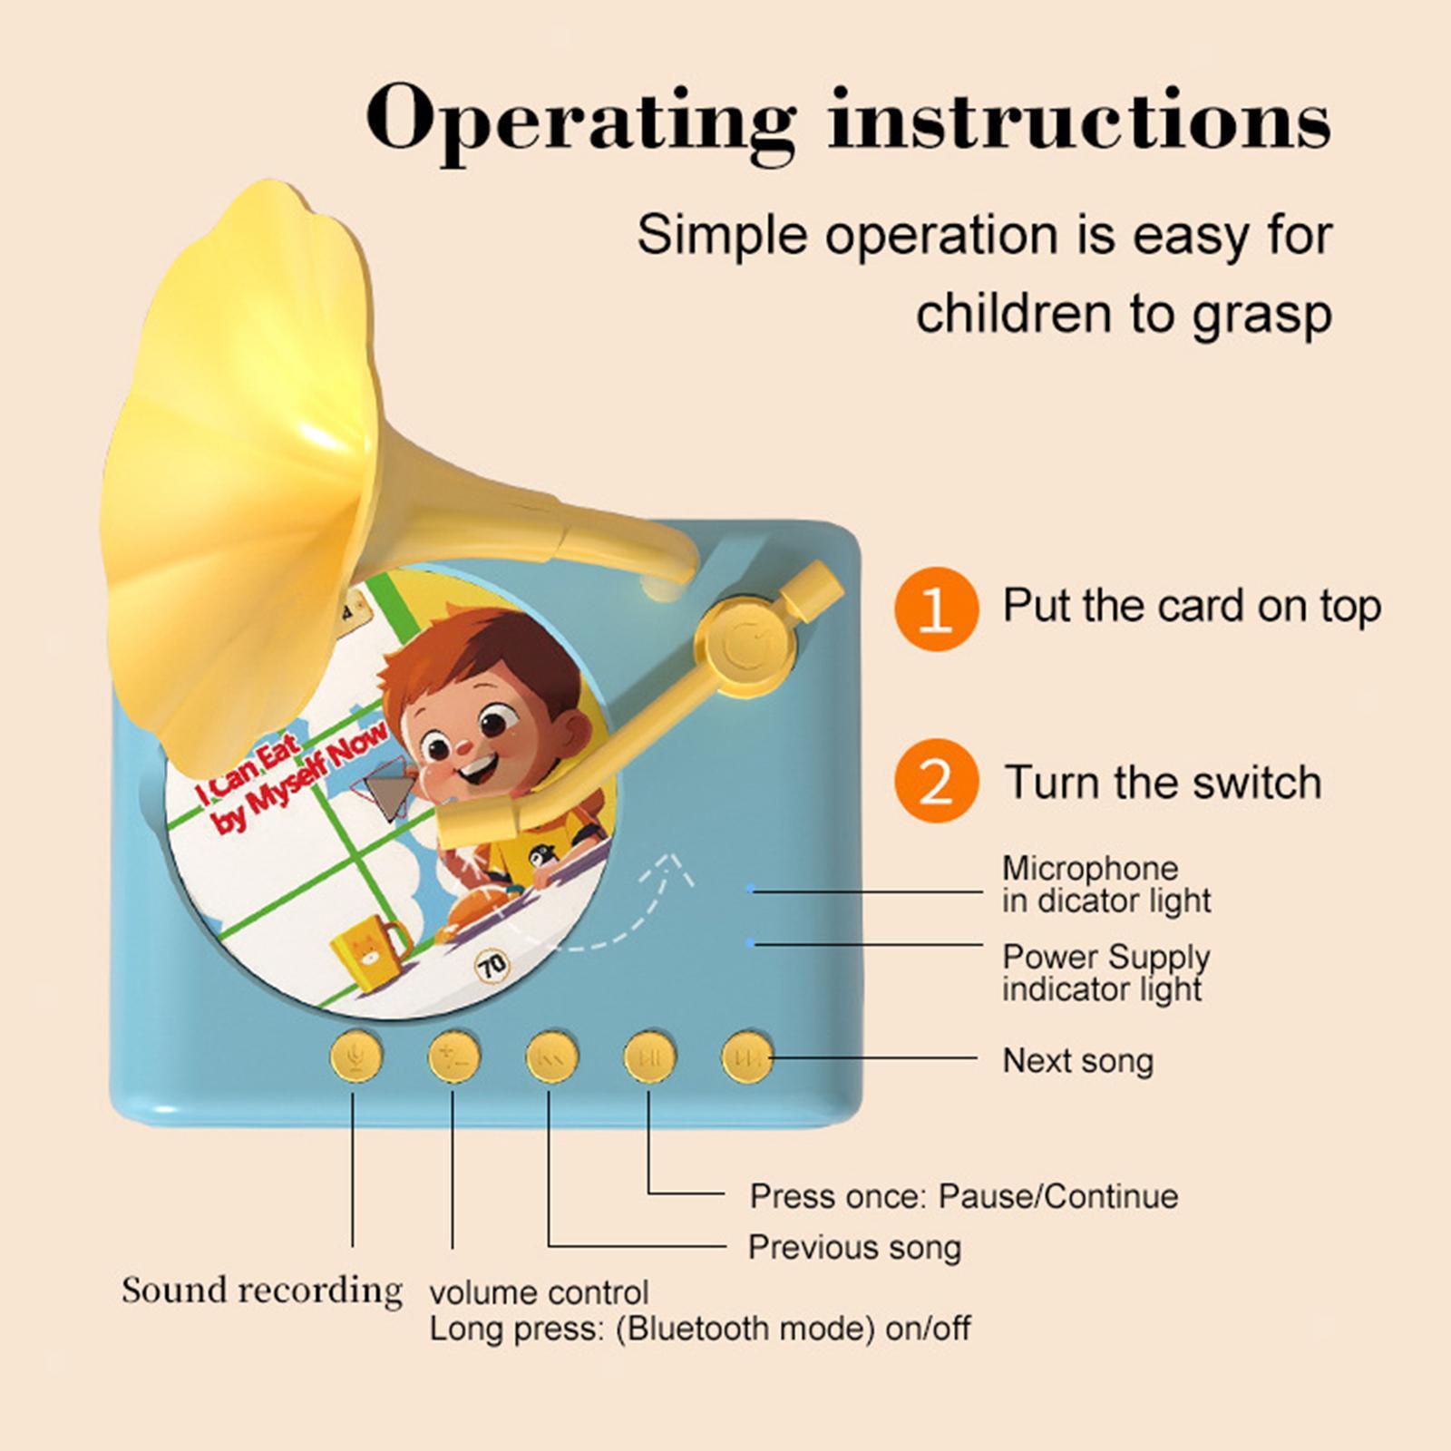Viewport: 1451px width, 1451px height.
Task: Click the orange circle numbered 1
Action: tap(936, 609)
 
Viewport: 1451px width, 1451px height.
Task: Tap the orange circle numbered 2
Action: tap(936, 782)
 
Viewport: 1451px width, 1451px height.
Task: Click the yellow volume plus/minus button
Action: tap(454, 1057)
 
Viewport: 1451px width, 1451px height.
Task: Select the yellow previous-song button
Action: tap(552, 1057)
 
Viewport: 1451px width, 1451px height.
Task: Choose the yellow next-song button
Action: tap(748, 1057)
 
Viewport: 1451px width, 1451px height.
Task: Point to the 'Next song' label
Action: tap(1077, 1060)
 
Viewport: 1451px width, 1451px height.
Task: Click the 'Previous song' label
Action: tap(854, 1247)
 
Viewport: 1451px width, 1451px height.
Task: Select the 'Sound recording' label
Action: tap(262, 1290)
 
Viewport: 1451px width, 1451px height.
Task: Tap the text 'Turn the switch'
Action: tap(1163, 782)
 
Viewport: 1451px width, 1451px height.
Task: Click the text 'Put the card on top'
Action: tap(1192, 606)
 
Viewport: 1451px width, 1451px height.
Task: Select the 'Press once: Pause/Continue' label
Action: tap(964, 1197)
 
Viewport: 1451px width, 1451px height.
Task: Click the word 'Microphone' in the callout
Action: tap(1090, 868)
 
